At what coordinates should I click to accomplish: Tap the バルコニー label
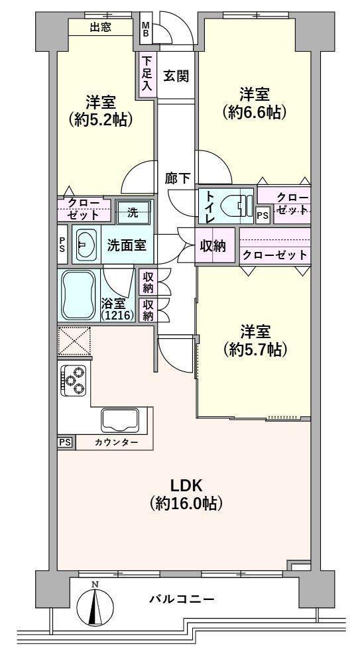(180, 599)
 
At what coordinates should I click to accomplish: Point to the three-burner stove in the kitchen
(73, 380)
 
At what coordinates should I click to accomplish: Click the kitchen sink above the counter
(120, 420)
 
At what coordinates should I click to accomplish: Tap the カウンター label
(116, 442)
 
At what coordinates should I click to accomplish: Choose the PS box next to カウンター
(65, 442)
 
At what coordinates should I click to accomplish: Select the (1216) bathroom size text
(117, 316)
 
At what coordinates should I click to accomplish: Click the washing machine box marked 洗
(133, 213)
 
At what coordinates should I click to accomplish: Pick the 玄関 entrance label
(176, 76)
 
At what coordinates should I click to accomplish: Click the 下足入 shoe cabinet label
(147, 73)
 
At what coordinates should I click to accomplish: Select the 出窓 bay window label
(101, 27)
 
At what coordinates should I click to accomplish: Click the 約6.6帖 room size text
(254, 112)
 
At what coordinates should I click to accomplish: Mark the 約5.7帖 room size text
(254, 350)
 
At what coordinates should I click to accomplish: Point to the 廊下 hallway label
(178, 177)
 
